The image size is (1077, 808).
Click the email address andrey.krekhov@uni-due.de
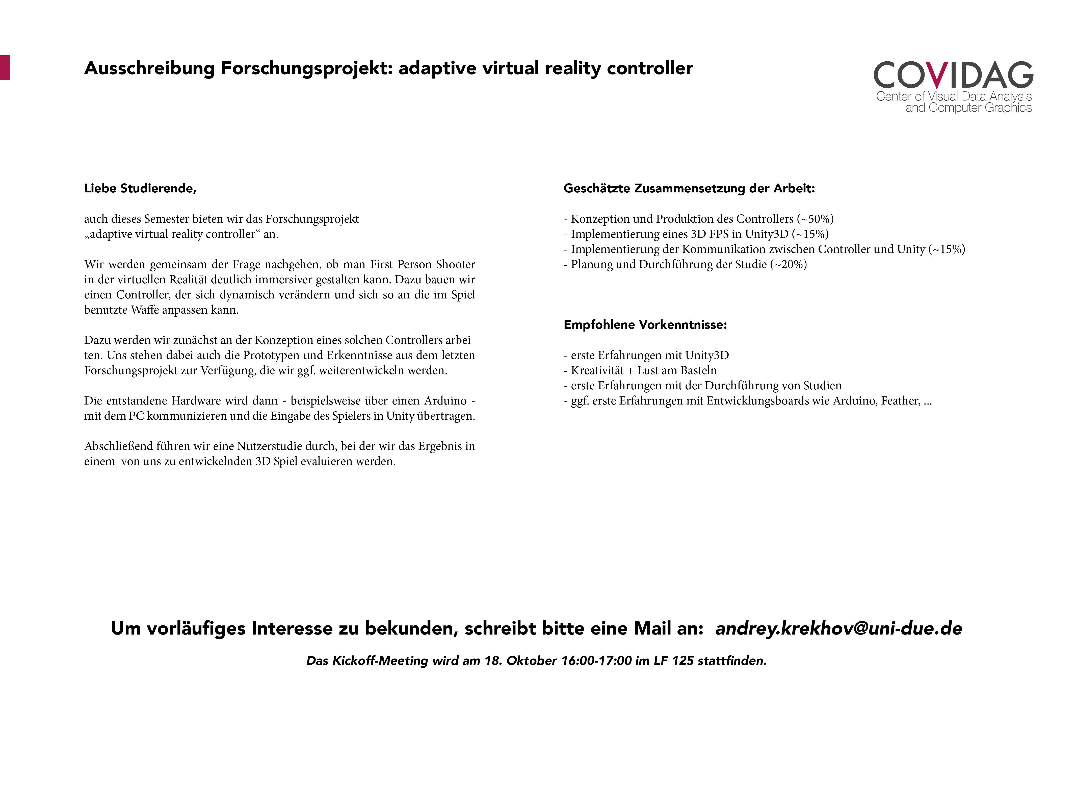pyautogui.click(x=838, y=628)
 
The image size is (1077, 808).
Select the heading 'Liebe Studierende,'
pyautogui.click(x=140, y=188)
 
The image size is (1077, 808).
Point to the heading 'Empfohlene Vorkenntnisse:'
pyautogui.click(x=645, y=325)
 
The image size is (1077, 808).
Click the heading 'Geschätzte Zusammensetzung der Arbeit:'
pyautogui.click(x=689, y=188)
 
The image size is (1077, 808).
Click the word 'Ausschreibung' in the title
pyautogui.click(x=149, y=68)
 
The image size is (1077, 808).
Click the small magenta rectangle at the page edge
pyautogui.click(x=4, y=68)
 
